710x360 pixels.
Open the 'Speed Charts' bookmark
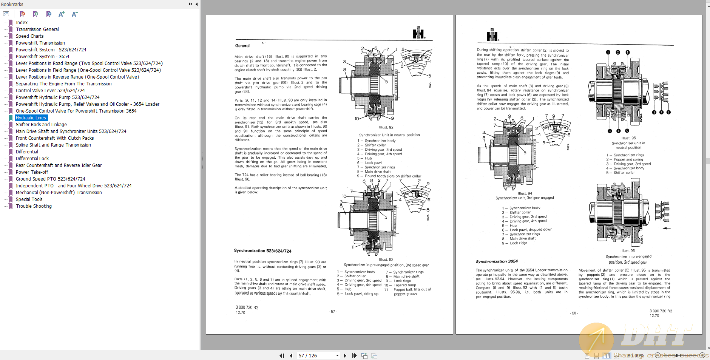29,36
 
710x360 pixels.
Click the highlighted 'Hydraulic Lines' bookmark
31,118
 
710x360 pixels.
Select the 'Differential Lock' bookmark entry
32,159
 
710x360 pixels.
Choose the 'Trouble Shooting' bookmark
34,206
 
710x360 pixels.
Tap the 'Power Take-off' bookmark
32,172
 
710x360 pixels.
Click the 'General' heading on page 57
242,46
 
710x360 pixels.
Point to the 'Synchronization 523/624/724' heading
262,251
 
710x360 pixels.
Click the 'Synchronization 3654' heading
497,261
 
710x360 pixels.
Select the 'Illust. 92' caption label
386,128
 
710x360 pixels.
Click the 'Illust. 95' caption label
628,138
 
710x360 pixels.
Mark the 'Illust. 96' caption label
627,251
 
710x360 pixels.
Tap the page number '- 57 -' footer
333,312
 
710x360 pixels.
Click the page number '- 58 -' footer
574,313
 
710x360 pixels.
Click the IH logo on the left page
418,33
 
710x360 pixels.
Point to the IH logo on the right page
492,35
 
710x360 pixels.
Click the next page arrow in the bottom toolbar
345,355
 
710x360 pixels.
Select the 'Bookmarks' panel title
12,4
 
